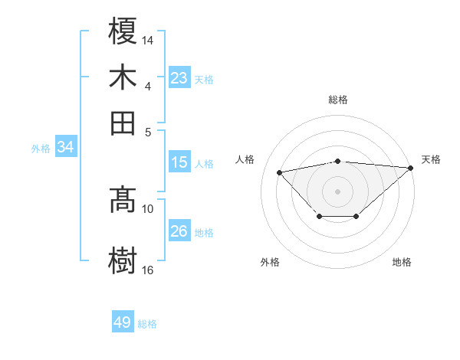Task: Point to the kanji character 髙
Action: click(x=123, y=201)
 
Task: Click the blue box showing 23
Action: click(x=179, y=78)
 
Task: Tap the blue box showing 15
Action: click(x=179, y=162)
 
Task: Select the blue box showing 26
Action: click(x=179, y=231)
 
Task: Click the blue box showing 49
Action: click(x=123, y=322)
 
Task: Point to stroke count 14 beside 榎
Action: click(x=148, y=38)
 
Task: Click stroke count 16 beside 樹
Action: click(x=148, y=270)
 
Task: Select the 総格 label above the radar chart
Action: click(x=338, y=100)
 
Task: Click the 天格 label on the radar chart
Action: click(x=431, y=159)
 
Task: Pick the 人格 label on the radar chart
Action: click(x=245, y=159)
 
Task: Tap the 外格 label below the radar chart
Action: click(x=270, y=262)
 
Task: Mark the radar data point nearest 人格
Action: click(x=279, y=172)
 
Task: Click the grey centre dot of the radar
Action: click(x=338, y=191)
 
